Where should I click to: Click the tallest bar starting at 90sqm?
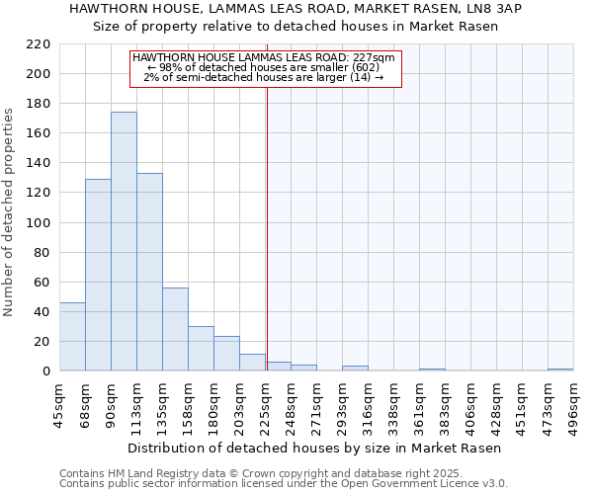pyautogui.click(x=124, y=242)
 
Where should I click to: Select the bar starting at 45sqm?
pyautogui.click(x=72, y=337)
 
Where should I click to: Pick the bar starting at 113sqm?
pyautogui.click(x=149, y=272)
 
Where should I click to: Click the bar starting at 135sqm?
pyautogui.click(x=175, y=329)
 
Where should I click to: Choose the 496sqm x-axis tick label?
pyautogui.click(x=575, y=402)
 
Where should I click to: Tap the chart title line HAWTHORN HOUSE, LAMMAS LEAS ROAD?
pyautogui.click(x=296, y=9)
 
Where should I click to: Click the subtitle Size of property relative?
pyautogui.click(x=296, y=27)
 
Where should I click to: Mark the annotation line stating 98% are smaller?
pyautogui.click(x=263, y=67)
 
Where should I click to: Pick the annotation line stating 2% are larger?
pyautogui.click(x=263, y=77)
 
